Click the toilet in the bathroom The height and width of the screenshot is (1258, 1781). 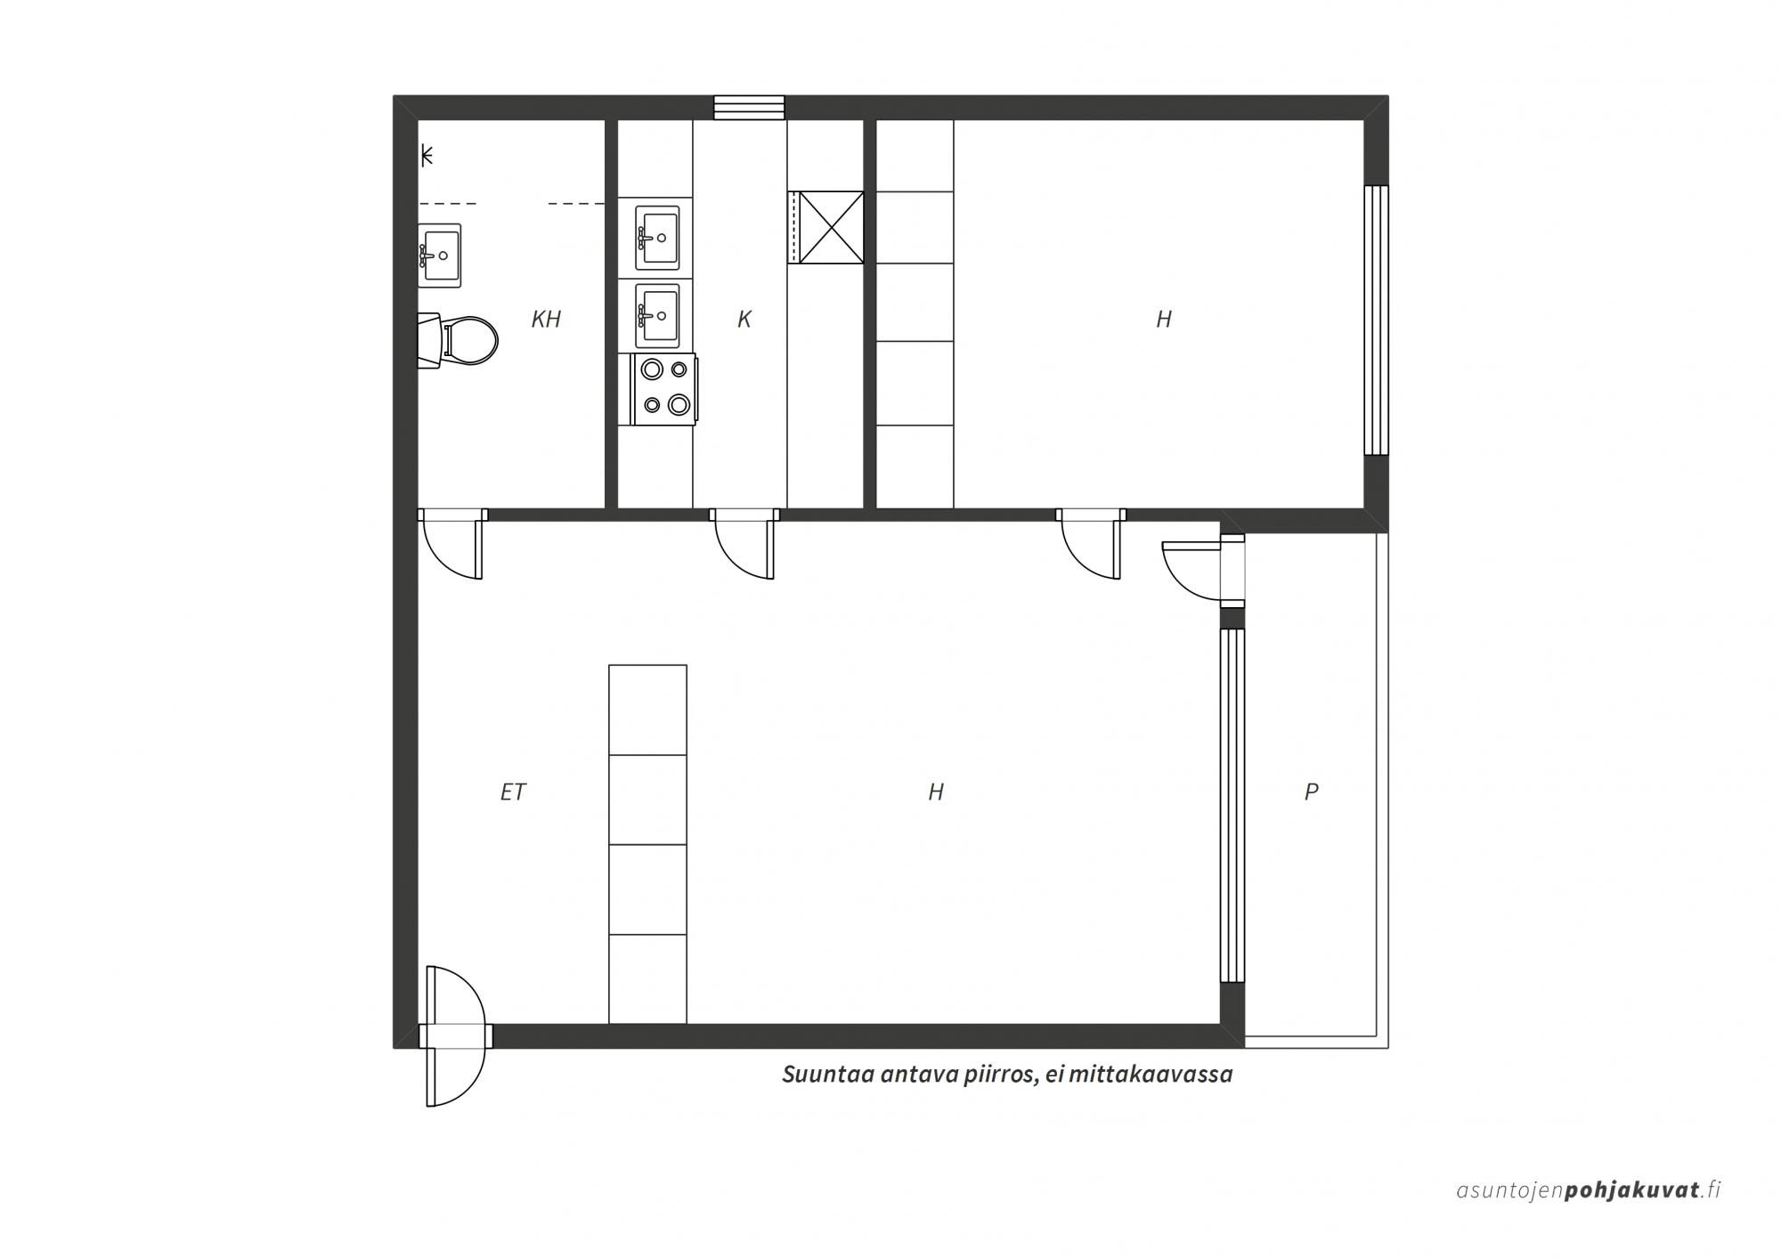(x=459, y=339)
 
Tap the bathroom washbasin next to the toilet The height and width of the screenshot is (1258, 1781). (x=440, y=256)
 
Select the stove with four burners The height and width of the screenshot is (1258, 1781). (x=664, y=389)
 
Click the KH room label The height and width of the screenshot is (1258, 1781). (x=546, y=319)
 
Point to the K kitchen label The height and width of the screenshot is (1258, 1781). (x=744, y=319)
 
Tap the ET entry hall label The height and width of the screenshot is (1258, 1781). (x=514, y=791)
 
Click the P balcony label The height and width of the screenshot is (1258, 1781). (x=1311, y=791)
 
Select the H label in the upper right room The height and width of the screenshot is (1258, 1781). (x=1164, y=319)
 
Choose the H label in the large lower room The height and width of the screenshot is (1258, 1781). (x=936, y=791)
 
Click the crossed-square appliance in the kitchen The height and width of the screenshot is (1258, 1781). (x=831, y=227)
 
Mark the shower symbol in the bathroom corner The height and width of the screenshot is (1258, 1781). (x=427, y=156)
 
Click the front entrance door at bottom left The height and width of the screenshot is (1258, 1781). (x=456, y=1035)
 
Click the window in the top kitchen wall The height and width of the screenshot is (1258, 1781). (x=749, y=108)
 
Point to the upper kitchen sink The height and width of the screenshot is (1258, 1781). (x=657, y=238)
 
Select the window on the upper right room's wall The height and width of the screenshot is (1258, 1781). (x=1377, y=321)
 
